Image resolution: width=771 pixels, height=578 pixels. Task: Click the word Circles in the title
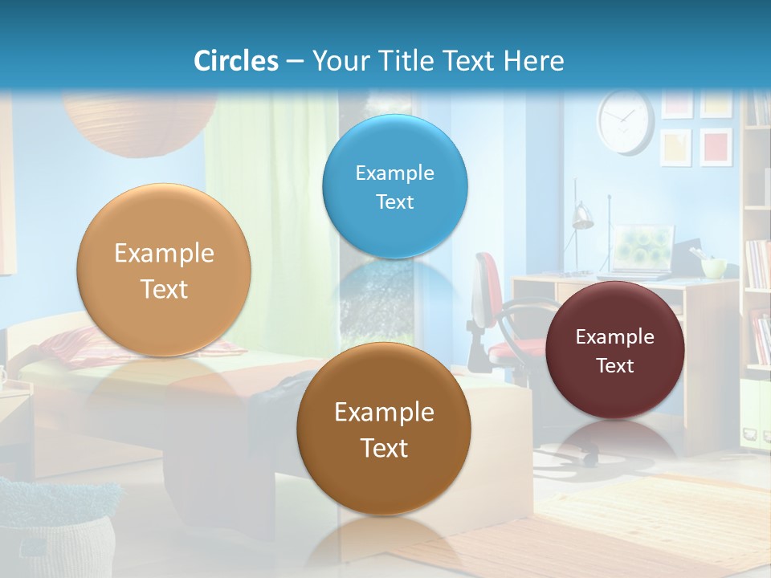(x=235, y=61)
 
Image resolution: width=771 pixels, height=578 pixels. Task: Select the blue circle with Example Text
(x=394, y=186)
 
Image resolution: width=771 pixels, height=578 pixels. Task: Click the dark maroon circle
(x=615, y=350)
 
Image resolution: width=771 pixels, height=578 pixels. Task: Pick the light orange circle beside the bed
(x=164, y=270)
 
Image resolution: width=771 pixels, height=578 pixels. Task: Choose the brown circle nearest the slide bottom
(x=384, y=429)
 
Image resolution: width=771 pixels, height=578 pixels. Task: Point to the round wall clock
(x=625, y=121)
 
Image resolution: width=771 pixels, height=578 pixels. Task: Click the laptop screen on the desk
(x=643, y=247)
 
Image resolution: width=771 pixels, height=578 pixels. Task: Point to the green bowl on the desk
(x=713, y=267)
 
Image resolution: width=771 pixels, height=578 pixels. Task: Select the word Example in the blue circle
(x=394, y=173)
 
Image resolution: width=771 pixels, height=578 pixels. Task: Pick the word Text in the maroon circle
(x=615, y=366)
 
